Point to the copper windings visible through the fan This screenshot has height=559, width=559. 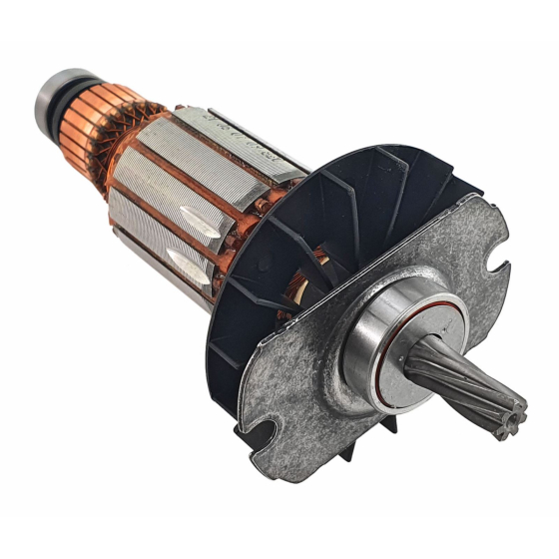tap(299, 289)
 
